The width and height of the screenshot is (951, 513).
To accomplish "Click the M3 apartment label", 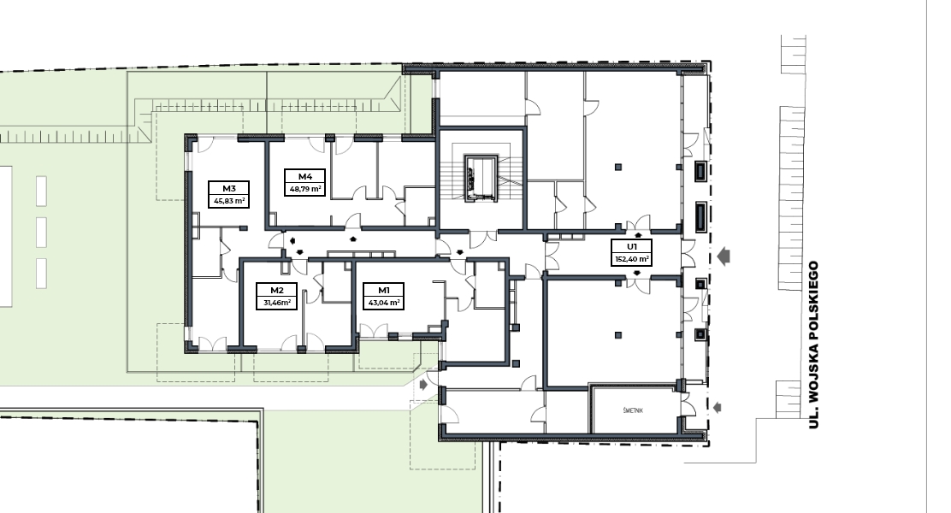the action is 228,189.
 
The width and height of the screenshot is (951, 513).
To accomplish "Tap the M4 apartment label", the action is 305,176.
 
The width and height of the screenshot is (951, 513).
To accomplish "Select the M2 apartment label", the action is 276,290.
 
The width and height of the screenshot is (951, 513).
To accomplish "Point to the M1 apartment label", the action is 383,290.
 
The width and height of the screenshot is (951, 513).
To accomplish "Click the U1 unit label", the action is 632,246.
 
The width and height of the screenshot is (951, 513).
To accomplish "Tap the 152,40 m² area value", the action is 632,259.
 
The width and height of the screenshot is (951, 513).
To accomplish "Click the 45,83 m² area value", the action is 228,201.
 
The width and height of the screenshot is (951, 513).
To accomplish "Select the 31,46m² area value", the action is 276,302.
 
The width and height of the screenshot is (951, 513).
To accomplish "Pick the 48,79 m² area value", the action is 305,189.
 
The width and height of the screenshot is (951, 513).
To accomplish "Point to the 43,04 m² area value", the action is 383,302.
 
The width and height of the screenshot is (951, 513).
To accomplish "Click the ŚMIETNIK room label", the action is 633,410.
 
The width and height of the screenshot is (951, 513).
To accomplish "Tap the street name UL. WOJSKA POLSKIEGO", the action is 813,345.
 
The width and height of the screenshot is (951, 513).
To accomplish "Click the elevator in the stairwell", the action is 481,179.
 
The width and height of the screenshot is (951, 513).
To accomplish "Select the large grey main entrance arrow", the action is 723,256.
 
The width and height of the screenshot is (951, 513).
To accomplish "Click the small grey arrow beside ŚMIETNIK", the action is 718,408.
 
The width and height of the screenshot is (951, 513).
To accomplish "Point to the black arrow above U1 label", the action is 637,235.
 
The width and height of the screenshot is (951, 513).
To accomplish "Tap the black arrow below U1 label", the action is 637,274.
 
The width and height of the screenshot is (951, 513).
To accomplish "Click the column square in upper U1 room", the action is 618,167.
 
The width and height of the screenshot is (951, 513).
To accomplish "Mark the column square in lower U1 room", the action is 618,334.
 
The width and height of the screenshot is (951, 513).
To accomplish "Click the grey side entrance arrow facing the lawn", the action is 423,385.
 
